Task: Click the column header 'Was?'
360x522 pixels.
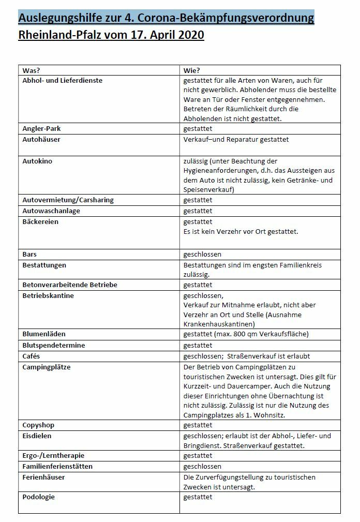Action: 32,70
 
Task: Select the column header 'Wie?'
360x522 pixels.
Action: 192,70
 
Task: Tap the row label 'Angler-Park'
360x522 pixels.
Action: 42,129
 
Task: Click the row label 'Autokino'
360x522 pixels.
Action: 37,161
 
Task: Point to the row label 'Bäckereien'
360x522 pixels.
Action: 40,221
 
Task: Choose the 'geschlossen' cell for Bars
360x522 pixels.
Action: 203,255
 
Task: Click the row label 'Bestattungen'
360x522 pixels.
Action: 44,265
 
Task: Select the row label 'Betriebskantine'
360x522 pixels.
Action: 48,295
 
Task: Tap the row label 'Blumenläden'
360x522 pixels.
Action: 44,334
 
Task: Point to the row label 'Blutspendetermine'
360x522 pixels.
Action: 54,345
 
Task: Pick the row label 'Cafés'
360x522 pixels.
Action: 31,356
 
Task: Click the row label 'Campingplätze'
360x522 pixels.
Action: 47,367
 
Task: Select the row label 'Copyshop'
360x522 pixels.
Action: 38,425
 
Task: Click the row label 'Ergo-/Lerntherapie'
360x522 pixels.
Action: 53,455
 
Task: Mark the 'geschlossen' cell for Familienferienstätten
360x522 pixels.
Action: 203,466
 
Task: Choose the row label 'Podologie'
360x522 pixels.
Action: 38,497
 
